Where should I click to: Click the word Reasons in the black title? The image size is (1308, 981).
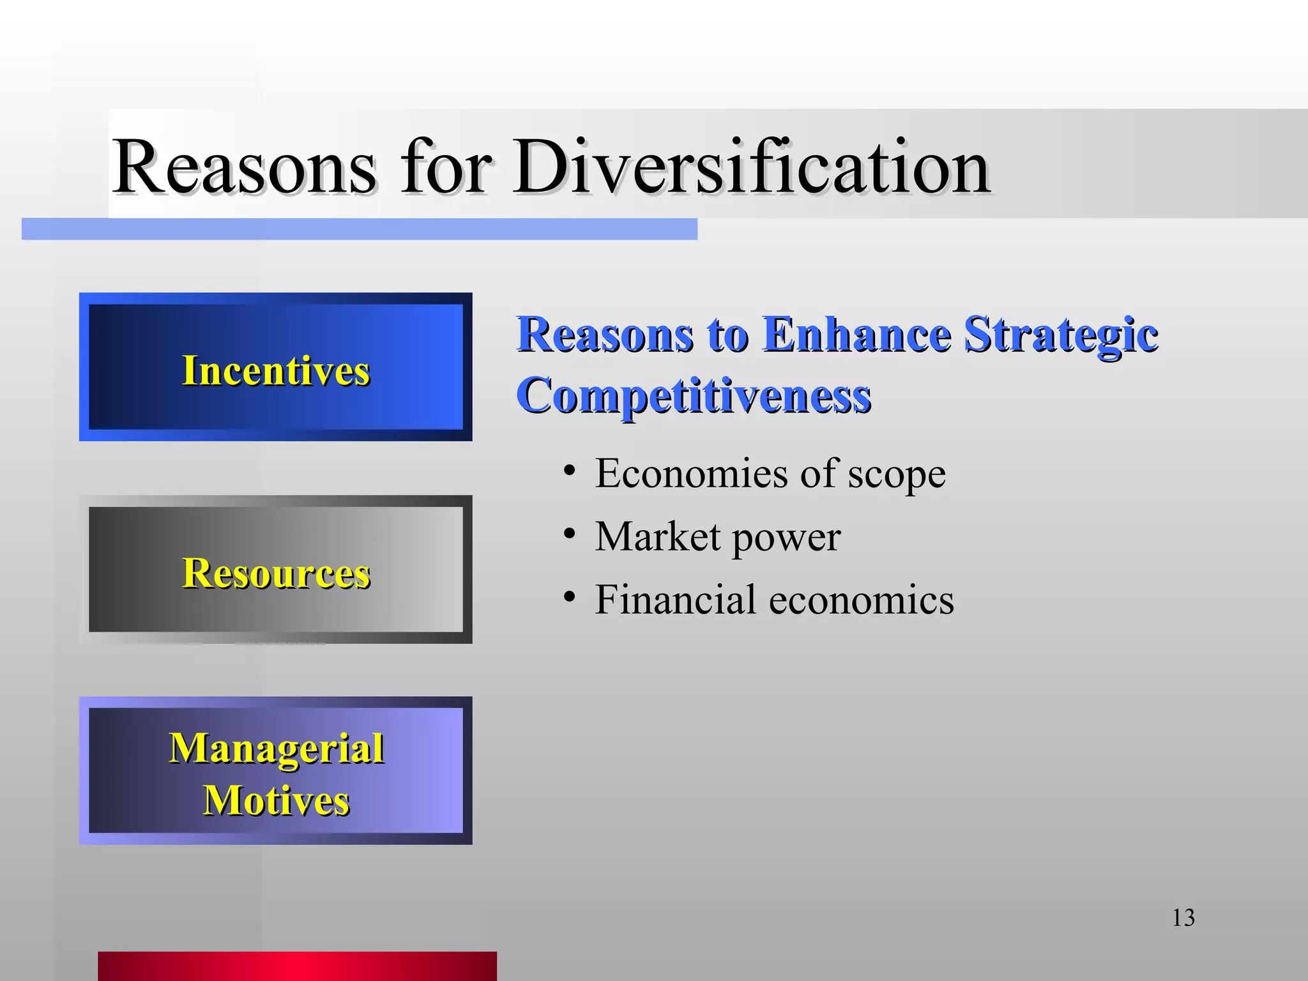point(244,167)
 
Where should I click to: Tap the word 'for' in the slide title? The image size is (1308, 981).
point(446,167)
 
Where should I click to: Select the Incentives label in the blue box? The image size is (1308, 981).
point(276,370)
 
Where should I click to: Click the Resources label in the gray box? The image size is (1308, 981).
point(276,573)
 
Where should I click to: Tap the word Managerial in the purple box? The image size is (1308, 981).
point(276,748)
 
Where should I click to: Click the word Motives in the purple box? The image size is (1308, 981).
point(276,800)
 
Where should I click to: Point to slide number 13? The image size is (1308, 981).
point(1183,918)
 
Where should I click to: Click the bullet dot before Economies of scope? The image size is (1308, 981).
point(570,471)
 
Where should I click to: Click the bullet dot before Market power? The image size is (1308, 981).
point(570,534)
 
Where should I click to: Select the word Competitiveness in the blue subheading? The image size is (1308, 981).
point(694,396)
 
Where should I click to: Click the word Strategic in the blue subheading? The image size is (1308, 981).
point(1060,335)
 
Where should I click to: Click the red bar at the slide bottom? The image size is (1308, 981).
point(297,966)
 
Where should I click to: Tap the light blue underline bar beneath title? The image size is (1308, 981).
point(359,229)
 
